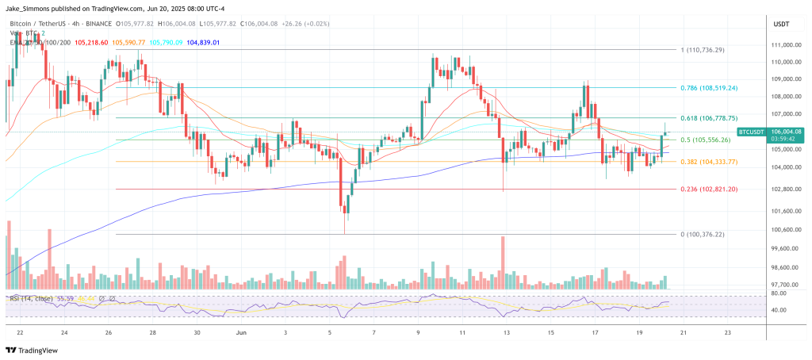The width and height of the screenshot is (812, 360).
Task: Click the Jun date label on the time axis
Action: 241,333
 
